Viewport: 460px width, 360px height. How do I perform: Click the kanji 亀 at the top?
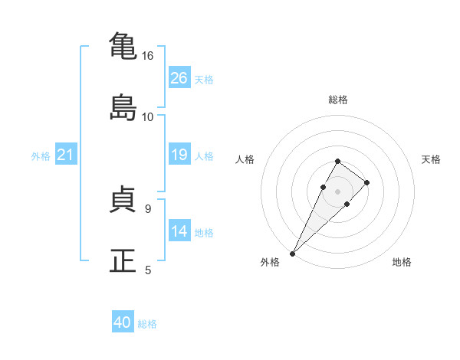(x=123, y=45)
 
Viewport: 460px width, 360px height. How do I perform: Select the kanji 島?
(x=123, y=107)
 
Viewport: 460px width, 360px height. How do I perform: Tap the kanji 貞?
(x=123, y=198)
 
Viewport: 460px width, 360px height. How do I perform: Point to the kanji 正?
(x=123, y=260)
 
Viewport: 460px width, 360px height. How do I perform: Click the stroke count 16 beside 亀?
(x=147, y=56)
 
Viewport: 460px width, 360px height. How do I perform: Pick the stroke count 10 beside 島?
(x=147, y=117)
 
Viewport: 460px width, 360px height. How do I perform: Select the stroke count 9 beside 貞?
(x=148, y=209)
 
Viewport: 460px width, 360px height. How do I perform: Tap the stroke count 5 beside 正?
(x=148, y=270)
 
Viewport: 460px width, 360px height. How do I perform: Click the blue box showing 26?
(x=179, y=77)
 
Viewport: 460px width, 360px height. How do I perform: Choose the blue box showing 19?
(x=179, y=154)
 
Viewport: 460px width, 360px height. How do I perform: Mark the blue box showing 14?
(x=179, y=230)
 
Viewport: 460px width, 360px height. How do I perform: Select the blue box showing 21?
(x=66, y=154)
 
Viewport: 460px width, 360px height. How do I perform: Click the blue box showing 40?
(x=123, y=321)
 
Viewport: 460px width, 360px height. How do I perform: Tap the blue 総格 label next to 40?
(x=147, y=324)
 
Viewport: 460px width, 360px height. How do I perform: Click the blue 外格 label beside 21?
(x=41, y=156)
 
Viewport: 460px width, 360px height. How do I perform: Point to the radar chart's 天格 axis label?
(x=431, y=159)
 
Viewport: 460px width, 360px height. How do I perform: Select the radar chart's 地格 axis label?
(x=402, y=262)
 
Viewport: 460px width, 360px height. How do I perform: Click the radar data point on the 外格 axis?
(x=293, y=254)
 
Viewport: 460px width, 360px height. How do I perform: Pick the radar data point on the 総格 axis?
(x=337, y=162)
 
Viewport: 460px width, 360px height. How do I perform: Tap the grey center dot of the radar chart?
(x=337, y=191)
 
